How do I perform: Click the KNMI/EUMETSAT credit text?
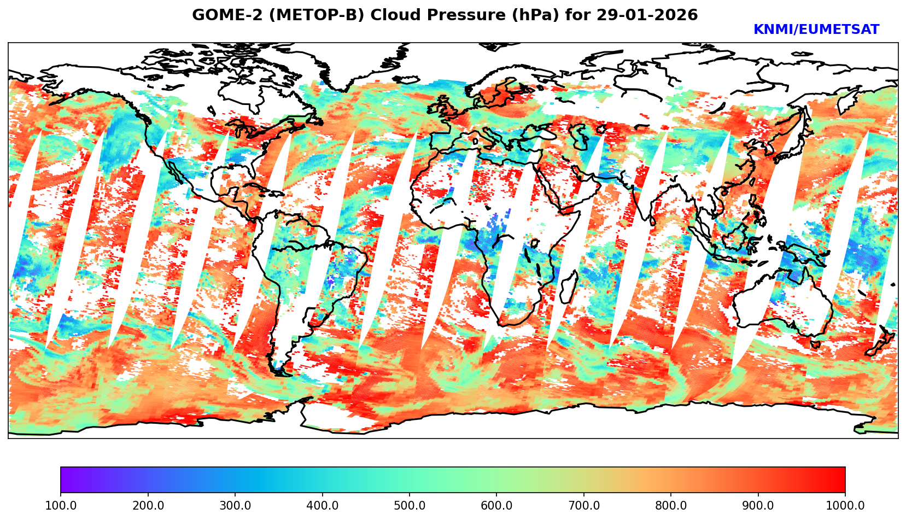(816, 30)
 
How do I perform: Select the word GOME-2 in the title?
(220, 15)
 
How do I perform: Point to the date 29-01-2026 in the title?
(647, 15)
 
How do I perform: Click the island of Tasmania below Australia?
(815, 344)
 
